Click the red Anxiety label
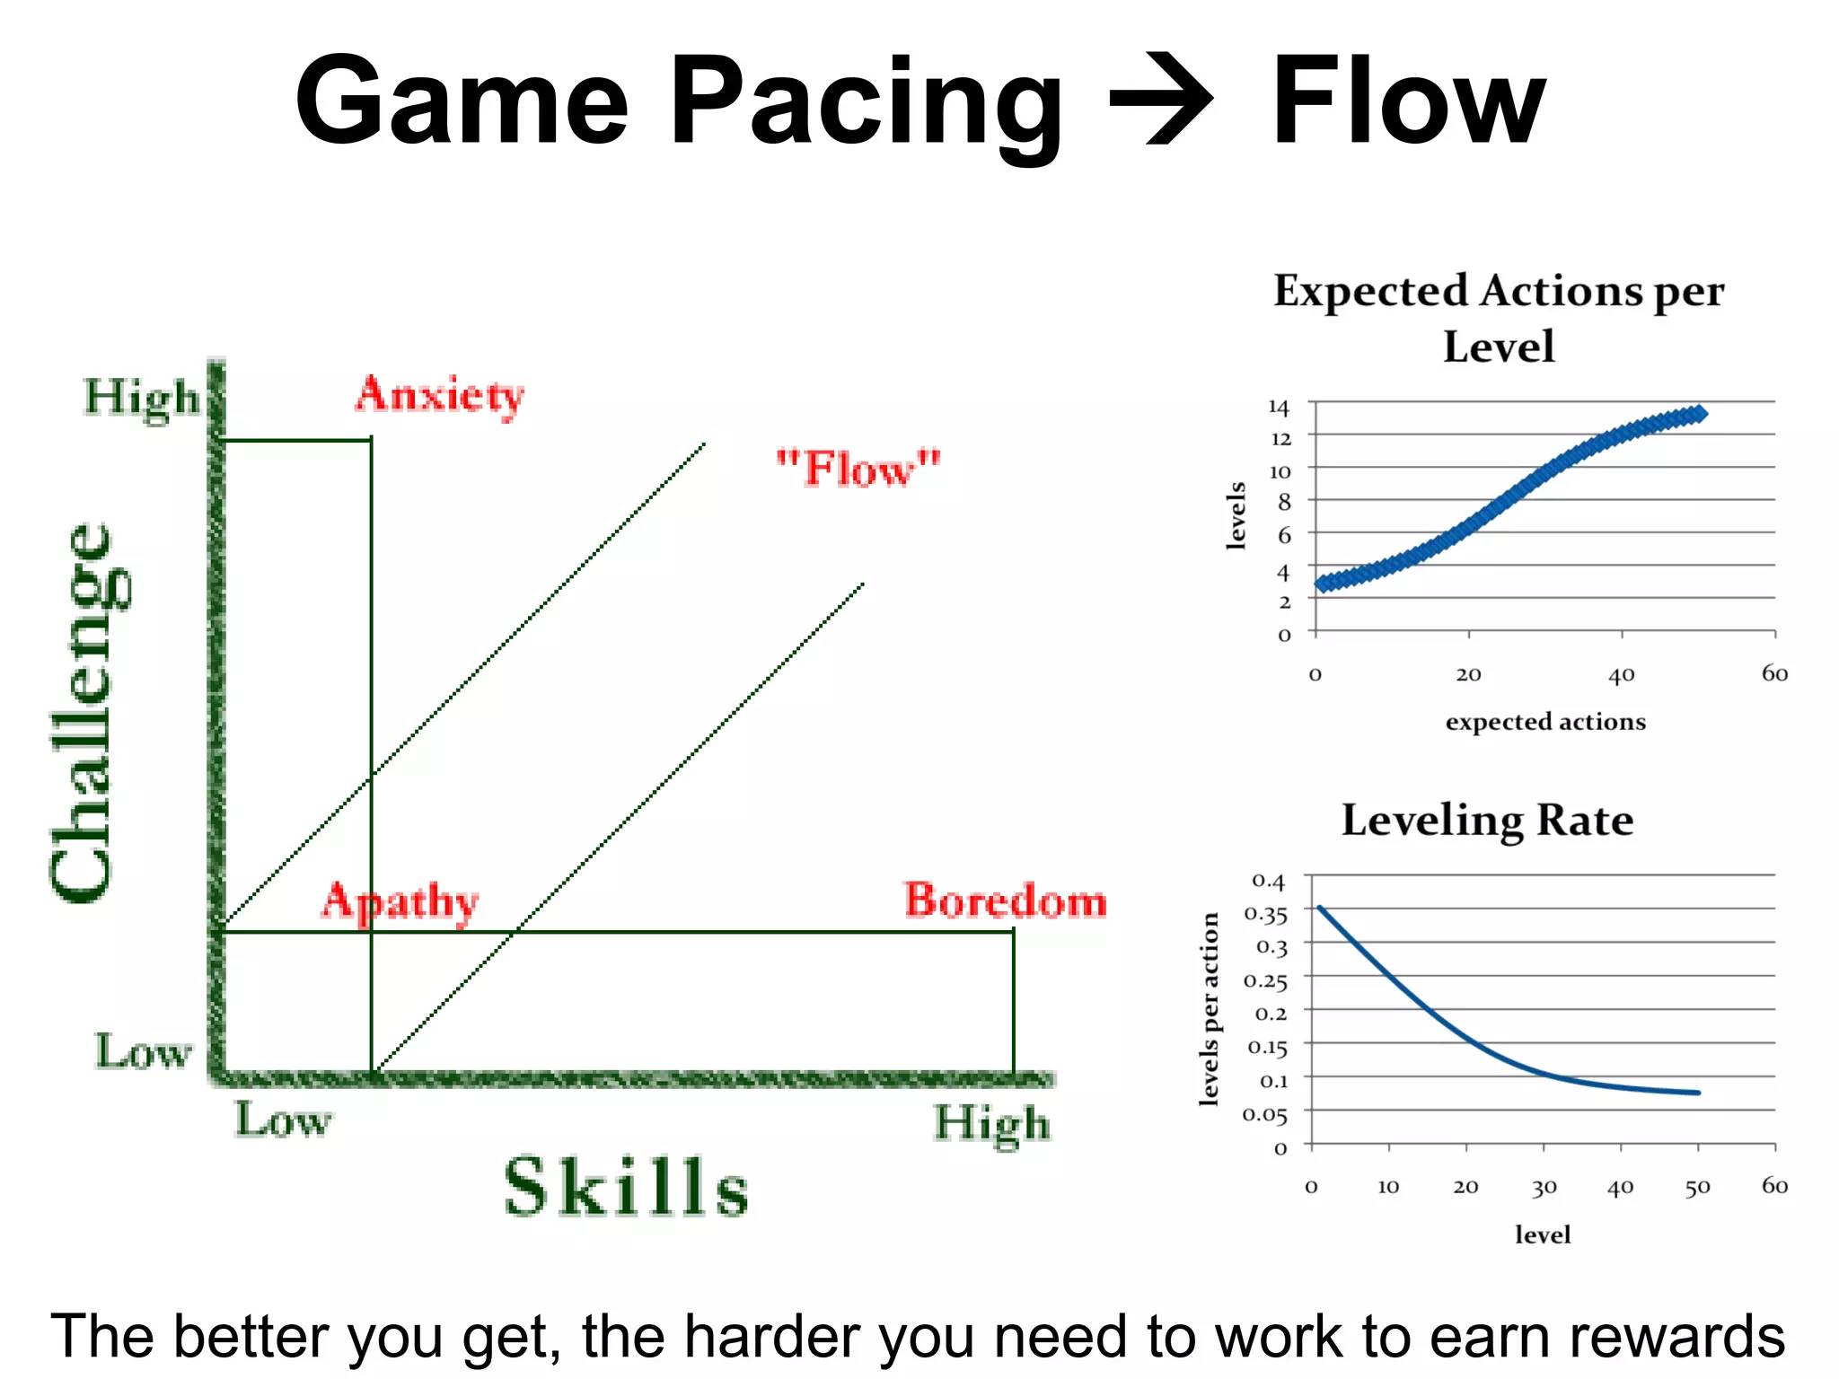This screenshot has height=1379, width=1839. [439, 395]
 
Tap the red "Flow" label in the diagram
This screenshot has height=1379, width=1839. [858, 468]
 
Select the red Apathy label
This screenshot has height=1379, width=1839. [400, 901]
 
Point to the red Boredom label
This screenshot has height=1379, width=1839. [1005, 900]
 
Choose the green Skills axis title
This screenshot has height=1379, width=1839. [626, 1187]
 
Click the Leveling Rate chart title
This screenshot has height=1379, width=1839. [1487, 820]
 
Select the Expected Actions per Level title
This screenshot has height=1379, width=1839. [1499, 318]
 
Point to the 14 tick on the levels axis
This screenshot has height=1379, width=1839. [1279, 408]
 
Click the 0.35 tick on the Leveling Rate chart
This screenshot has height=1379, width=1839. [1265, 915]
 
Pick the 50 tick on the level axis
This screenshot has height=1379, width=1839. [1697, 1188]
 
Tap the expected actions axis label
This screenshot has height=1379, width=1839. [1545, 722]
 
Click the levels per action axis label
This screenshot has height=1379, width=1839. [1210, 1009]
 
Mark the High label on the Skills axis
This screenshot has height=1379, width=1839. [991, 1123]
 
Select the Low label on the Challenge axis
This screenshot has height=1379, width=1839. [144, 1051]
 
